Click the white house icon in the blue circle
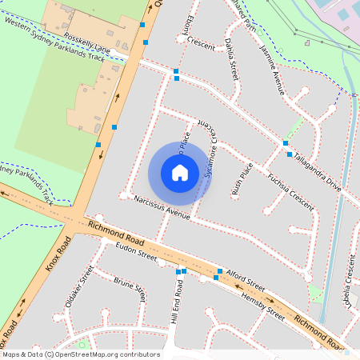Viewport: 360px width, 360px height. pos(180,172)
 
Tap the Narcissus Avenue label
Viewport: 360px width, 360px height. pos(162,207)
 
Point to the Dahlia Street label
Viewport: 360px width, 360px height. pos(231,58)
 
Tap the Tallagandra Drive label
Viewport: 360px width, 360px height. pos(317,170)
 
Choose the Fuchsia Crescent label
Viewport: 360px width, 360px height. pos(290,188)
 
